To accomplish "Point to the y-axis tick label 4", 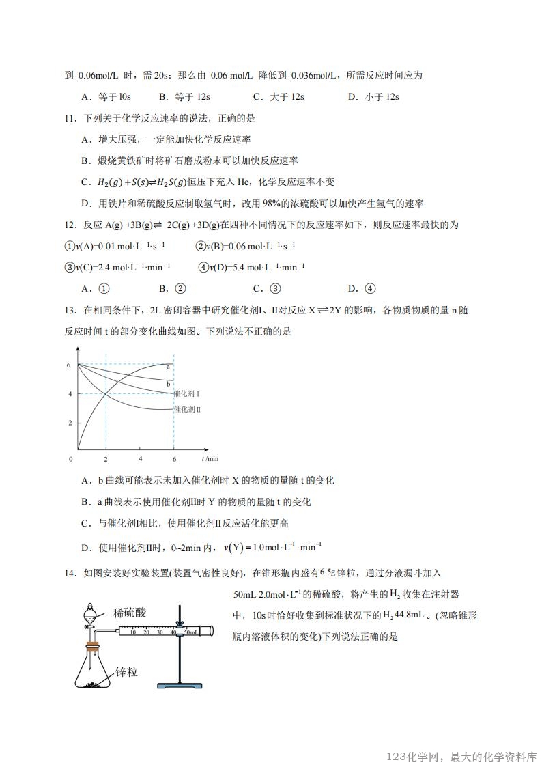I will pyautogui.click(x=69, y=394).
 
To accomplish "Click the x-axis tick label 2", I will pyautogui.click(x=106, y=458).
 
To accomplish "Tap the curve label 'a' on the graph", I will pyautogui.click(x=168, y=367).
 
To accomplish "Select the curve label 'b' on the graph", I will pyautogui.click(x=168, y=385).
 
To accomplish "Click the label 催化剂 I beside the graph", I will pyautogui.click(x=187, y=394).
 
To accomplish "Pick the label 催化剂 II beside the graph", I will pyautogui.click(x=187, y=409).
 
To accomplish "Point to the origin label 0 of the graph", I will pyautogui.click(x=70, y=458).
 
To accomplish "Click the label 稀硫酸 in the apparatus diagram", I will pyautogui.click(x=130, y=612).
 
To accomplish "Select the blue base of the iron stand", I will pyautogui.click(x=179, y=684).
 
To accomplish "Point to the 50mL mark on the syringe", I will pyautogui.click(x=191, y=633).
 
